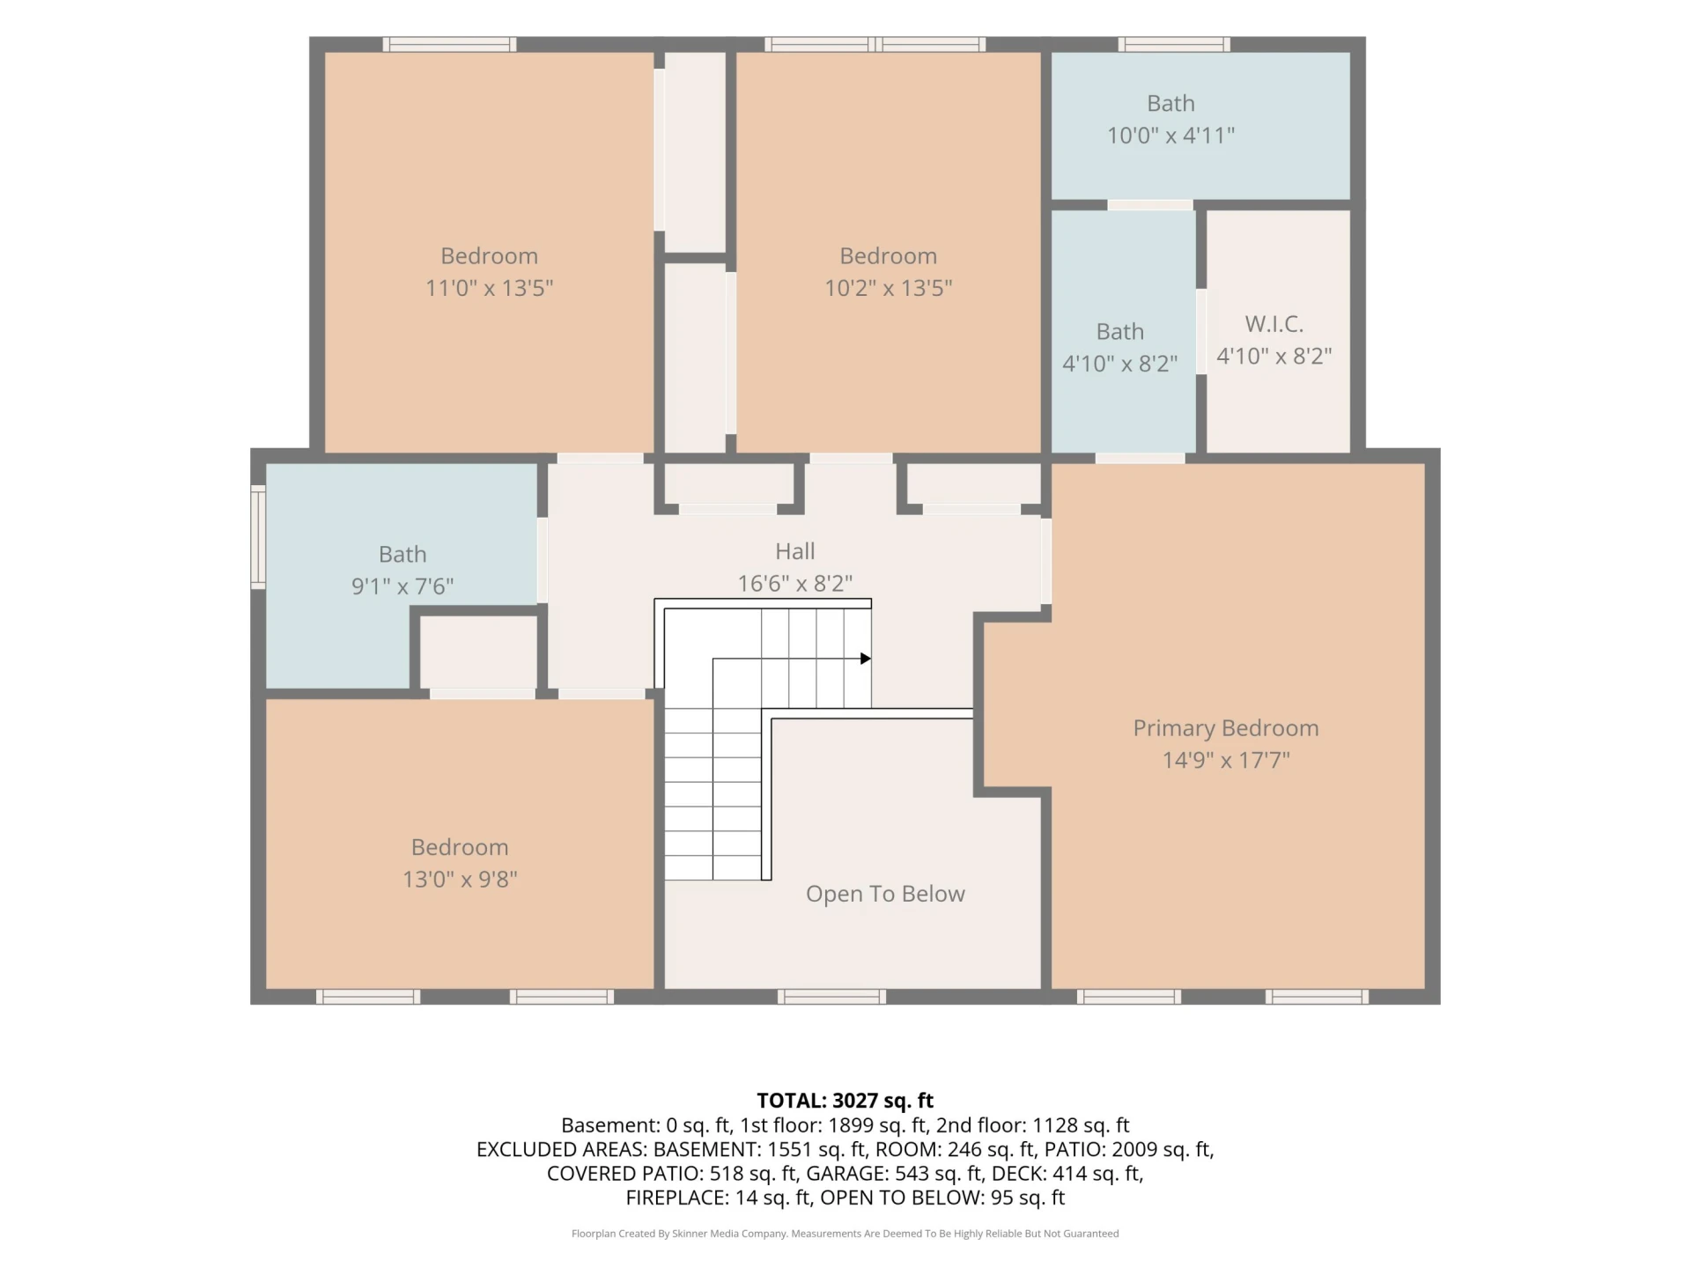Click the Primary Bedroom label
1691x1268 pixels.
point(1225,728)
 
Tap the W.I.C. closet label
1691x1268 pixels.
point(1274,324)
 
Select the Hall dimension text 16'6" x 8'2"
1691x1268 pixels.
point(794,583)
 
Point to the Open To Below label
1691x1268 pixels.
point(885,894)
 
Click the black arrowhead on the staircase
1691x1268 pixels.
point(866,659)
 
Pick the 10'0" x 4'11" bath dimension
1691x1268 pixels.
point(1170,136)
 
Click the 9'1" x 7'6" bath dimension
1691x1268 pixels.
point(402,586)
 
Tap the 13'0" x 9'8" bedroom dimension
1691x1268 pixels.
point(460,880)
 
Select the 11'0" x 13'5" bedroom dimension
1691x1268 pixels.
point(489,288)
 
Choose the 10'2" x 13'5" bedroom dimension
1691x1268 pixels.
point(888,288)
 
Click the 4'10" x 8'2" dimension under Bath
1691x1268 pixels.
point(1119,364)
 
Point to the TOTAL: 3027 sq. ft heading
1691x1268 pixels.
point(845,1101)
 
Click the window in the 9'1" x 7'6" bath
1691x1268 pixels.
point(258,536)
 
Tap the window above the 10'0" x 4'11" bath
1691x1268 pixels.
point(1174,44)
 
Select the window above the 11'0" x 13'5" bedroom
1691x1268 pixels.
point(449,44)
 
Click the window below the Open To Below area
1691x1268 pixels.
point(831,997)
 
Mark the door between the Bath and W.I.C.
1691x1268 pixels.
point(1201,331)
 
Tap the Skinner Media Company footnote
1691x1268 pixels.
point(845,1234)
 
